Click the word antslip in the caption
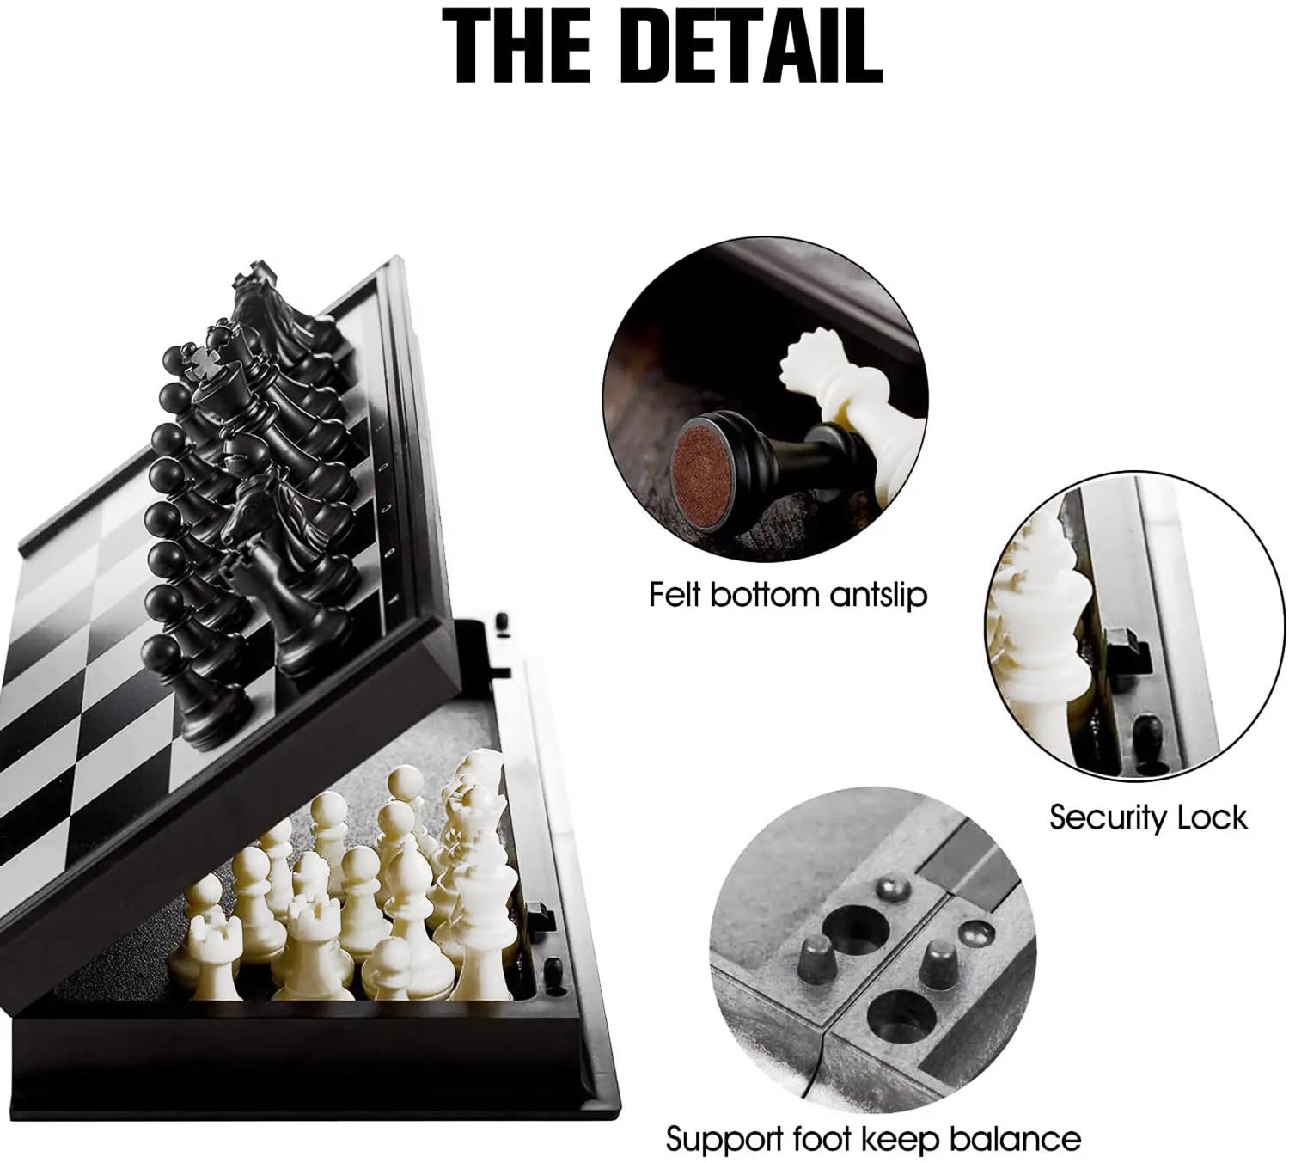click(x=877, y=595)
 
